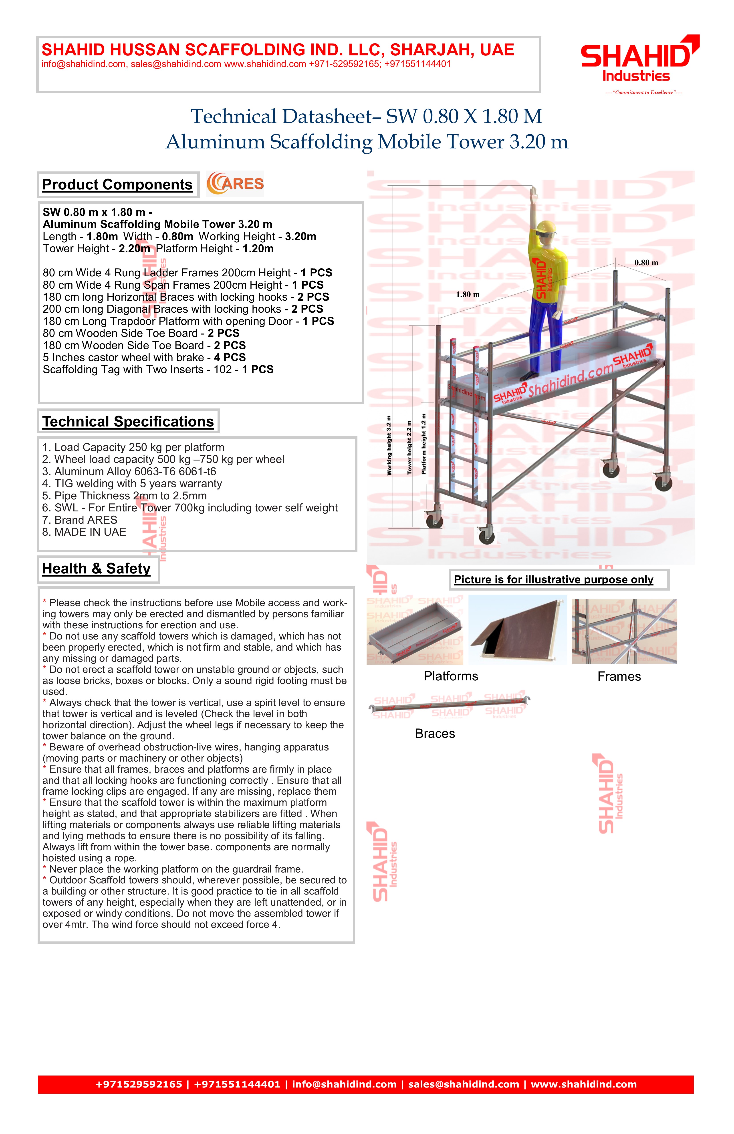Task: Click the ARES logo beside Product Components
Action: tap(235, 184)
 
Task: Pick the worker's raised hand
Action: tap(534, 193)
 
